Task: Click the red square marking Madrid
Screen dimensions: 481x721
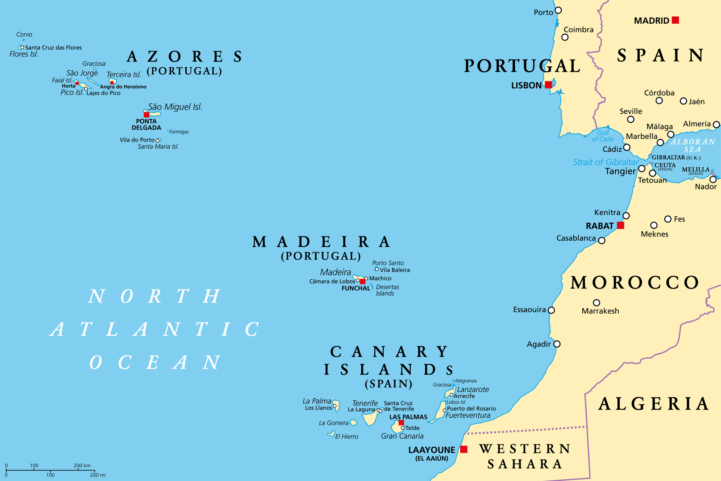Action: tap(675, 20)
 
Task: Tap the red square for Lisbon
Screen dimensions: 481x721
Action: tap(548, 85)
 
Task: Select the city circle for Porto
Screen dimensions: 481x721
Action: tap(558, 10)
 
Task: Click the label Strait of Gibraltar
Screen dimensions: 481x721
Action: tap(606, 162)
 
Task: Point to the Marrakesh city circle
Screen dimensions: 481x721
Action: tap(596, 303)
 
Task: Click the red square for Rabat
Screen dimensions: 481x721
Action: tap(620, 225)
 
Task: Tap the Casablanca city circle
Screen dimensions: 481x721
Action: tap(602, 240)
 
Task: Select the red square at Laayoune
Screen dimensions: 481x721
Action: tap(464, 449)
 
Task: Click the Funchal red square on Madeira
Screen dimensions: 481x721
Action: tap(363, 281)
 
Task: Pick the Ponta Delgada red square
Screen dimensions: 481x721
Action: tap(147, 115)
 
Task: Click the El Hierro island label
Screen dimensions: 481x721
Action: tap(346, 436)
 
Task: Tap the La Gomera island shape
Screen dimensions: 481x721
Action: tap(354, 422)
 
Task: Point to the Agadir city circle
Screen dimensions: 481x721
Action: tap(557, 344)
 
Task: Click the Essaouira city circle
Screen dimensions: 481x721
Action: tap(551, 310)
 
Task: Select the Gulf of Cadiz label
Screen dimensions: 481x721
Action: tap(603, 136)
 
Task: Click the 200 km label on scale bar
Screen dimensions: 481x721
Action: tap(82, 465)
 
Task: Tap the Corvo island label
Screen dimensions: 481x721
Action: tap(24, 34)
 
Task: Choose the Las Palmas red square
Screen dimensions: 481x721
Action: tap(401, 422)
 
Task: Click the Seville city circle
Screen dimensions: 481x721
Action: tap(631, 119)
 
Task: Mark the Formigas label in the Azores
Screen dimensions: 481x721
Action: tap(179, 132)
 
